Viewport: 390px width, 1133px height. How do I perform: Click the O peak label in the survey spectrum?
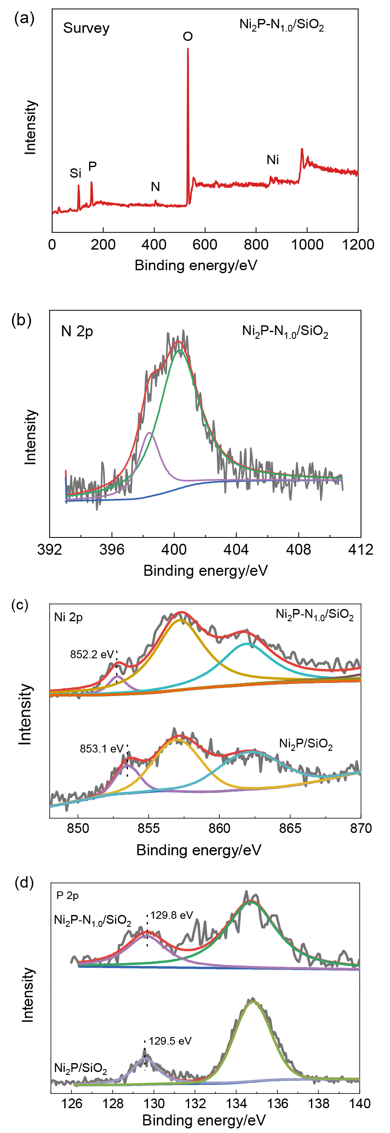[x=187, y=37]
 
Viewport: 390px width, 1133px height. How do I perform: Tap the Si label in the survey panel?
[x=76, y=173]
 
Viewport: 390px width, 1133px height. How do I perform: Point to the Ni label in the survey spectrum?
[x=273, y=160]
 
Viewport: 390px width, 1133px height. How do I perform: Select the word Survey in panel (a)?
[x=86, y=28]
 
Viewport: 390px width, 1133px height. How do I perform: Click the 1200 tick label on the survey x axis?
[x=358, y=245]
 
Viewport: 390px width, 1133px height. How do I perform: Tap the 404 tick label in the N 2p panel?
[x=236, y=549]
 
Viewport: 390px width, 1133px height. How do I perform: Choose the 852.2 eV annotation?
[x=92, y=654]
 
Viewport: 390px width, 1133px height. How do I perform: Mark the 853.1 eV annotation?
[x=101, y=749]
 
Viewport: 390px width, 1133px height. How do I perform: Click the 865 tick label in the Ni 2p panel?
[x=290, y=828]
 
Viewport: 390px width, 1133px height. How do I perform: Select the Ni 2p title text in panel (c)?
[x=68, y=617]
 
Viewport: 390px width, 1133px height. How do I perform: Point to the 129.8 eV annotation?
[x=172, y=915]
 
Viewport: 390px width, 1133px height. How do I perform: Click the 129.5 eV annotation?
[x=170, y=1041]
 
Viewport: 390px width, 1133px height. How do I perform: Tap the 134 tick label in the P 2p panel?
[x=236, y=1104]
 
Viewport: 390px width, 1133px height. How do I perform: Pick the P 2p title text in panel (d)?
[x=68, y=896]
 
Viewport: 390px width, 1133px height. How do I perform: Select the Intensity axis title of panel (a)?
[x=30, y=127]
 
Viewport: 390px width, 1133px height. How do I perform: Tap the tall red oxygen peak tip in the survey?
[x=188, y=49]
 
